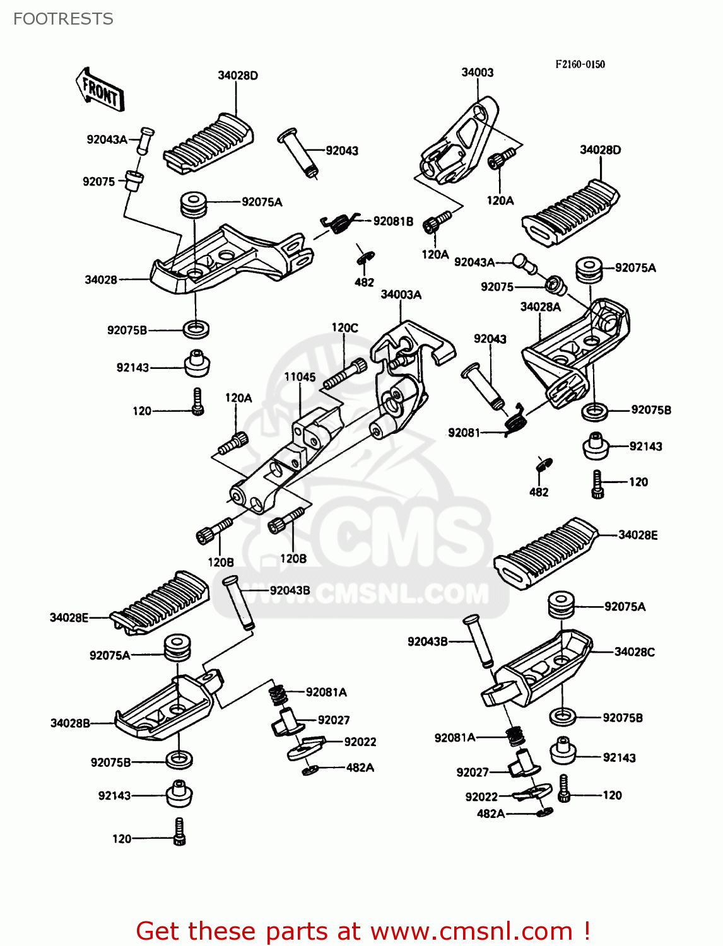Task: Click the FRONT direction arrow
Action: (x=100, y=91)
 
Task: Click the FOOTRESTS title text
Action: (x=63, y=19)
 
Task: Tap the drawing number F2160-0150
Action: (x=580, y=64)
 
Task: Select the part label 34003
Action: (x=477, y=73)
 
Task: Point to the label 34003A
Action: (x=401, y=295)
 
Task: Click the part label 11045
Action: (x=300, y=377)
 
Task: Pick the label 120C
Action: (x=344, y=328)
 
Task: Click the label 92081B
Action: (x=392, y=221)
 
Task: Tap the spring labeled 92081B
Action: (x=339, y=222)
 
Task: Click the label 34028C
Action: (x=634, y=652)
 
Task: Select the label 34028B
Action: (x=70, y=723)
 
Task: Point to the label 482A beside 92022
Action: (x=360, y=768)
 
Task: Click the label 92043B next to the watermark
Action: (x=290, y=590)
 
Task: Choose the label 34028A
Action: (x=540, y=307)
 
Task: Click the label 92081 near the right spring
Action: (x=464, y=433)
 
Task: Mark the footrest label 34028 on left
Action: (x=101, y=279)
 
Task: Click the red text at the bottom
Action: (x=363, y=931)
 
